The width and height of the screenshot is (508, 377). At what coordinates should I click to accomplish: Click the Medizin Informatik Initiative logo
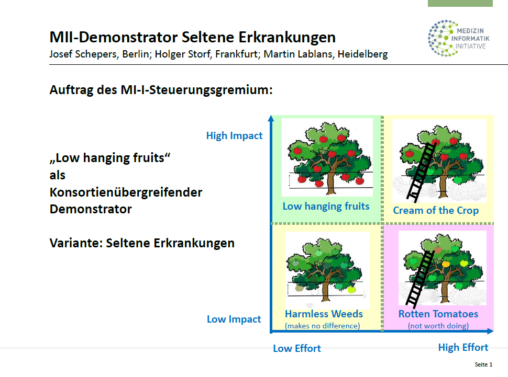click(458, 38)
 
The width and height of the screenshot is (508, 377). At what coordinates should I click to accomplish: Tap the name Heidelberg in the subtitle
click(362, 54)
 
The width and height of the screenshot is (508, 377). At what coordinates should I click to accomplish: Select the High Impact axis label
click(234, 135)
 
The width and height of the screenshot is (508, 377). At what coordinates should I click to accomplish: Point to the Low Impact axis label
click(234, 319)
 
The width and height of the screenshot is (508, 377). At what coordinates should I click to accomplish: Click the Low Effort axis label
click(297, 348)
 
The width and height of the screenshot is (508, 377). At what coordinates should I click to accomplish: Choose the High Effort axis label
click(463, 347)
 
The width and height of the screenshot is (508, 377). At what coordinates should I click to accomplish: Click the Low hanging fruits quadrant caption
click(326, 206)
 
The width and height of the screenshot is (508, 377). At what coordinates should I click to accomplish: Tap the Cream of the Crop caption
click(436, 210)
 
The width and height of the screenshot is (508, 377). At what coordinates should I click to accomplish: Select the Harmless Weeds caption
click(324, 314)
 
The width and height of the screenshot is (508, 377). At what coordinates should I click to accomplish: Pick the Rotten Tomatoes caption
click(438, 314)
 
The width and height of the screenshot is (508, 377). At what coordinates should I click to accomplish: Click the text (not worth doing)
click(438, 326)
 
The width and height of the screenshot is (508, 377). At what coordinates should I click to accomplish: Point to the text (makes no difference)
click(323, 326)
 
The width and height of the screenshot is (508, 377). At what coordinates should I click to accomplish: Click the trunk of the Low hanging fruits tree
click(330, 183)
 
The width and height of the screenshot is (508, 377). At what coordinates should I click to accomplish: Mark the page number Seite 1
click(483, 364)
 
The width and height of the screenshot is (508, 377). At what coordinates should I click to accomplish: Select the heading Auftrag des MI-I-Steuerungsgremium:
click(161, 90)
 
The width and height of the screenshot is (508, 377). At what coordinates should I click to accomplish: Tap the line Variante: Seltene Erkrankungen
click(142, 243)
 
